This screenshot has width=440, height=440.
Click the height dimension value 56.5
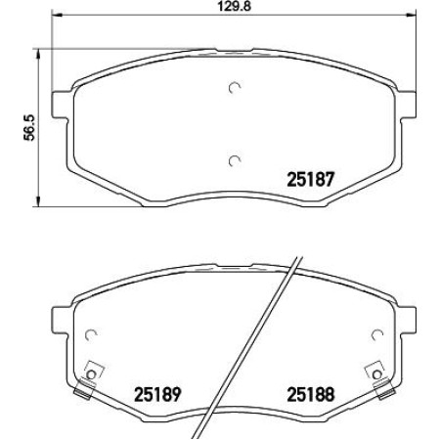(x=28, y=127)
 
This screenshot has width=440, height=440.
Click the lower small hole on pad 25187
(x=233, y=160)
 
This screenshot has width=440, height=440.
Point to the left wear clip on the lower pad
(x=91, y=378)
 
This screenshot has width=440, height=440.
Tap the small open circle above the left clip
(x=91, y=332)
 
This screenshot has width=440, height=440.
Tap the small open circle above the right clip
(x=375, y=332)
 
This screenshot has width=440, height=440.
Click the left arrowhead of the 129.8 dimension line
(x=56, y=17)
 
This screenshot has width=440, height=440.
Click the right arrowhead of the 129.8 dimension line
(x=411, y=17)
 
